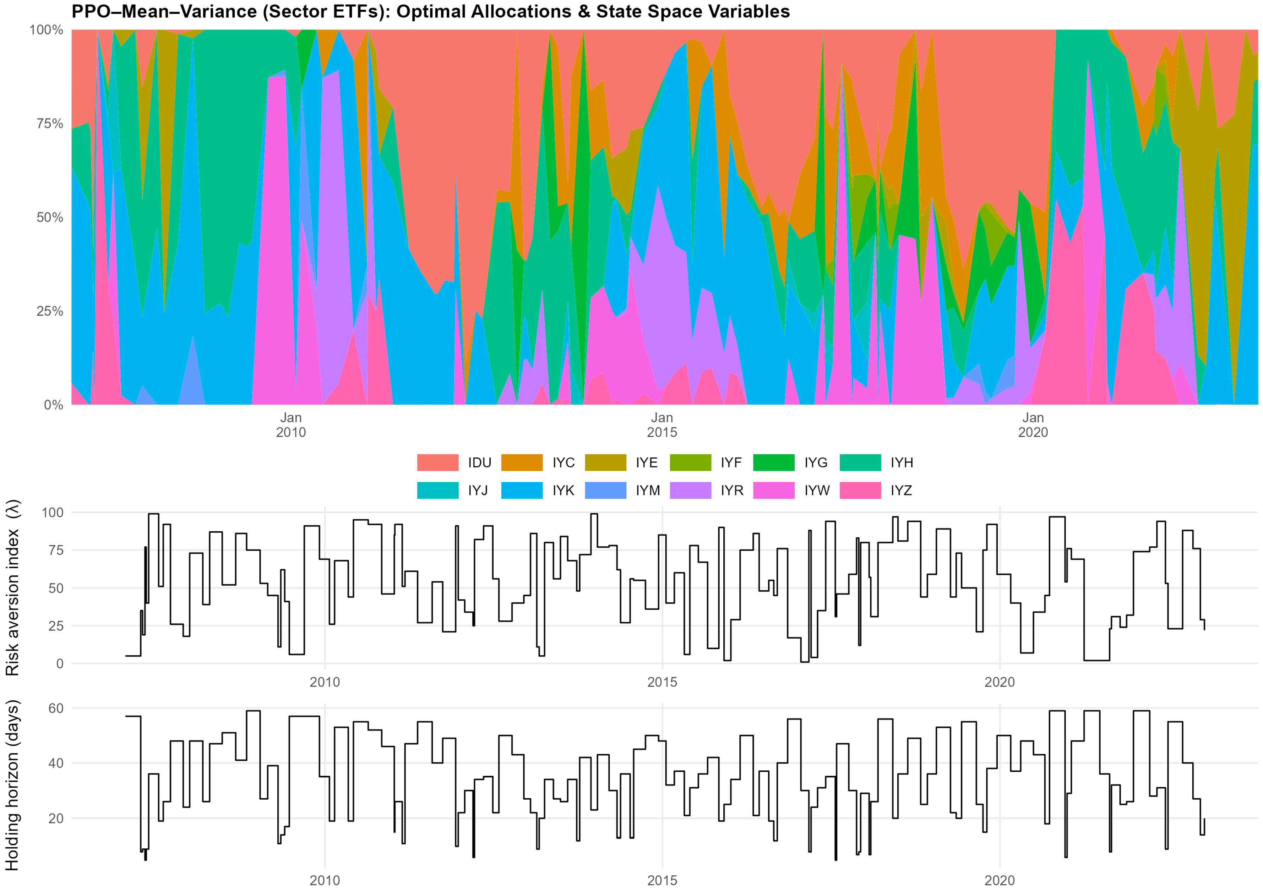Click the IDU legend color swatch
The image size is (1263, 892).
point(437,463)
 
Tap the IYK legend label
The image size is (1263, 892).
point(563,490)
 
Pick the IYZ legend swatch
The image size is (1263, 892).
point(860,490)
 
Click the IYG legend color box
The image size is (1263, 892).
point(773,463)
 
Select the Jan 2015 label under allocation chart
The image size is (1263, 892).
point(662,425)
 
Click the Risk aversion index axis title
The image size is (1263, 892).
point(12,587)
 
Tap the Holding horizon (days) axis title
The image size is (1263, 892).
point(12,785)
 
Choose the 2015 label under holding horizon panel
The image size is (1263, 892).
point(662,880)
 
